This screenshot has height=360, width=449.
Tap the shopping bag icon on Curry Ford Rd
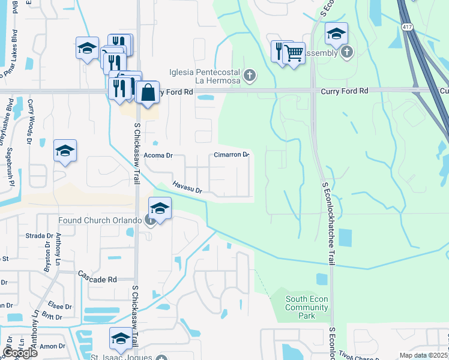coord(147,93)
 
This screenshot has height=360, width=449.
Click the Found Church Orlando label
coord(100,220)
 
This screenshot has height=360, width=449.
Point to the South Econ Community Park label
coord(307,307)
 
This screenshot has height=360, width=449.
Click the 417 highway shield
coord(408,27)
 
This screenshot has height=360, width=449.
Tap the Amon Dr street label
coord(52,346)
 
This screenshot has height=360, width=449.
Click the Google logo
coord(20,352)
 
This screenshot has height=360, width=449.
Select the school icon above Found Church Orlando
coord(160,208)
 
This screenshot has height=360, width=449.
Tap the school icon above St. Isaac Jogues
coord(121,338)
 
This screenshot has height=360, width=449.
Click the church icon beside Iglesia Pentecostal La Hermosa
coord(250,76)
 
